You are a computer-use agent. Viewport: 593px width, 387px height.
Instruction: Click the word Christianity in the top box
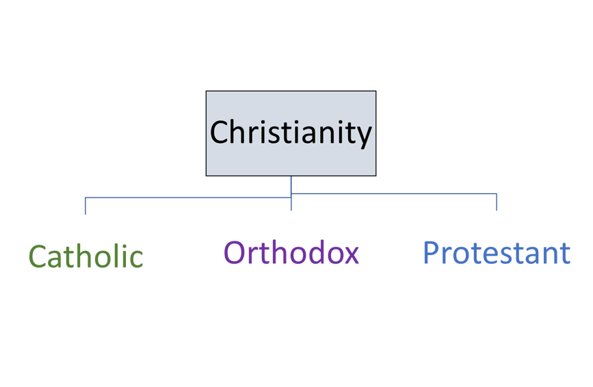click(291, 133)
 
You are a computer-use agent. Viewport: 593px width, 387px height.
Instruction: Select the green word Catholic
click(85, 256)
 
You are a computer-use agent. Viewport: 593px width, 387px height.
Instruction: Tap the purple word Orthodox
click(291, 253)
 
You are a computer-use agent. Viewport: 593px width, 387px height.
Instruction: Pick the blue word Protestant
click(497, 253)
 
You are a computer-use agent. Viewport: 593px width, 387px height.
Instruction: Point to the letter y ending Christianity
click(364, 135)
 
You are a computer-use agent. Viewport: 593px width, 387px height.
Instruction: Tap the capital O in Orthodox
click(234, 253)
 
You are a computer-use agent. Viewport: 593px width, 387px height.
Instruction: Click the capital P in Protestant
click(431, 253)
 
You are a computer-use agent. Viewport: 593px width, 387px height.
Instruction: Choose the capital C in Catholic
click(38, 256)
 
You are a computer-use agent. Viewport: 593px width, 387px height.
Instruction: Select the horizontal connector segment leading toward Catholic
click(188, 197)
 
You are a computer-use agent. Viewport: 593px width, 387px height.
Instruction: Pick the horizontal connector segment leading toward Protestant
click(393, 193)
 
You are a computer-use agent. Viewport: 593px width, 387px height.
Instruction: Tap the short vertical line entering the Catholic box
click(85, 206)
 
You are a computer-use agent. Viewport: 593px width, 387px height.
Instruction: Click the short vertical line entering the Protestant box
click(497, 202)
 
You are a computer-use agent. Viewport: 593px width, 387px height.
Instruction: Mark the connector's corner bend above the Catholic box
click(85, 197)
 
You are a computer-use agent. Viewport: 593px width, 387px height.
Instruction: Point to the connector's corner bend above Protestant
click(497, 193)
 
